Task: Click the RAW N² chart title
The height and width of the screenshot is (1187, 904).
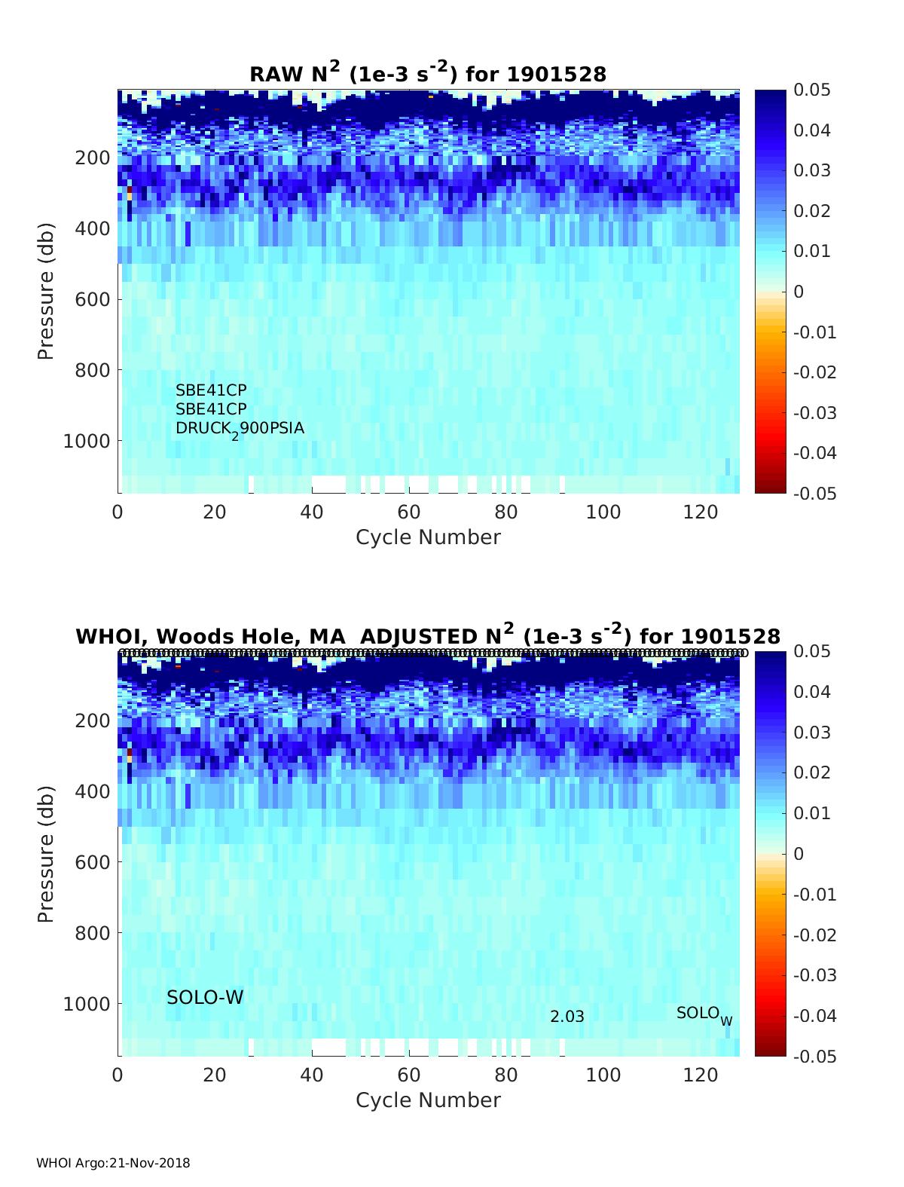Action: tap(428, 73)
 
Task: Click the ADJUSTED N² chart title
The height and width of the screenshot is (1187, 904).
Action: tap(428, 635)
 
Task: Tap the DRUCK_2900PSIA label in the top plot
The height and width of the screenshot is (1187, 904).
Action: tap(240, 429)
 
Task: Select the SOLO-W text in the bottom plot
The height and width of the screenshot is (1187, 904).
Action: tap(205, 997)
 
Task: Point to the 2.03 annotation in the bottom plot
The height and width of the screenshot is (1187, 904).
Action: tap(567, 1017)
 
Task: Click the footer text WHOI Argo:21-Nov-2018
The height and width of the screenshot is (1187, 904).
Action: tap(113, 1163)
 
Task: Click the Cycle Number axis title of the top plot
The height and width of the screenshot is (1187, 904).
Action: tap(428, 537)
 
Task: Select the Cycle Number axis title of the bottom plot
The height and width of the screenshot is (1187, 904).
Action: tap(428, 1100)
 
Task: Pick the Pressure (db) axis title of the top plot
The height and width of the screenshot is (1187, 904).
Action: tap(46, 291)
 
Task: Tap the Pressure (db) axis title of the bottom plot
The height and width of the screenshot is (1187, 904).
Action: tap(46, 854)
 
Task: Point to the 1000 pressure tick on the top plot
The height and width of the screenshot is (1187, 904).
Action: tap(87, 440)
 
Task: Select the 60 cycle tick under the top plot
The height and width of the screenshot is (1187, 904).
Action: tap(409, 512)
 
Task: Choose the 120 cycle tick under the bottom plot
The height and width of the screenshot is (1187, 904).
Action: tap(701, 1075)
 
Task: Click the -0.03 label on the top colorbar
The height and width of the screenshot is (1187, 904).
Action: tap(815, 412)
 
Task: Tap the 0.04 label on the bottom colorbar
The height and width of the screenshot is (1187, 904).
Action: tap(812, 692)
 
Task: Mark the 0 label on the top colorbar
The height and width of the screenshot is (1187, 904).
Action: tap(799, 292)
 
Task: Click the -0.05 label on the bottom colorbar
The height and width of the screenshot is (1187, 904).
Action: tap(815, 1056)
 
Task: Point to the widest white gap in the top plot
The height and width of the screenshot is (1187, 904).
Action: tap(328, 484)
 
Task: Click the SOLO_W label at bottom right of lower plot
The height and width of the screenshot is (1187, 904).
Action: tap(704, 1014)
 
